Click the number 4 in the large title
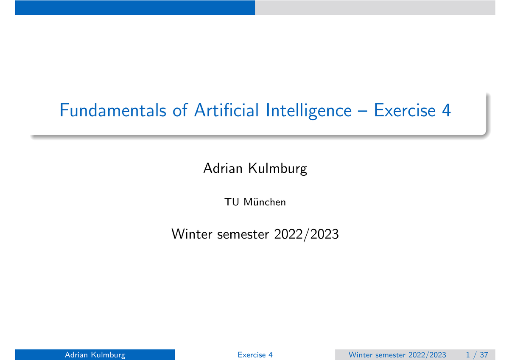tap(446, 111)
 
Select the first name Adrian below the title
tap(224, 169)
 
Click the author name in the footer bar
tap(95, 355)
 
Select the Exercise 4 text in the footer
tap(255, 355)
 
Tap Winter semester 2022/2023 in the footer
tap(397, 355)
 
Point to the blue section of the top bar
tap(135, 8)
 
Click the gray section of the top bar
tap(375, 8)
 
